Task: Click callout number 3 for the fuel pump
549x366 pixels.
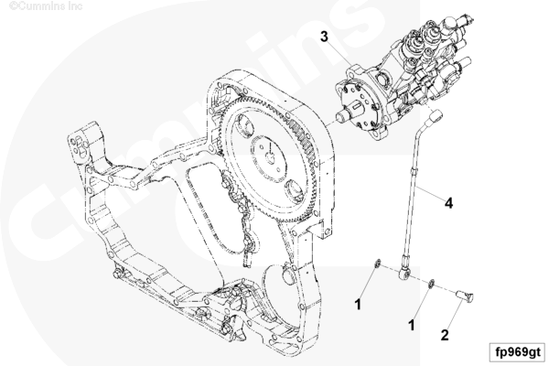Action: (x=324, y=36)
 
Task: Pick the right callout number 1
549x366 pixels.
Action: (x=412, y=324)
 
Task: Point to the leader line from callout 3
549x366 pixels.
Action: (x=339, y=51)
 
